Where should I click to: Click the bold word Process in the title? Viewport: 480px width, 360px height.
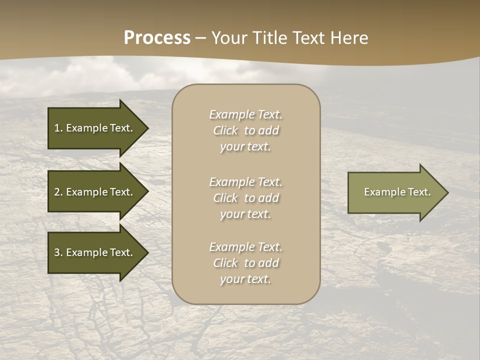click(x=157, y=38)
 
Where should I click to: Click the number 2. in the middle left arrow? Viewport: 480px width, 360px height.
click(x=58, y=192)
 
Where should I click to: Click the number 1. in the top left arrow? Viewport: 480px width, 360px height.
click(x=58, y=128)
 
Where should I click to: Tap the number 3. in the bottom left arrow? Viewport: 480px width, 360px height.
click(x=58, y=252)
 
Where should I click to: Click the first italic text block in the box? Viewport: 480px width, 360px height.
click(x=245, y=130)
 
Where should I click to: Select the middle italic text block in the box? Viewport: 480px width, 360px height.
click(x=245, y=198)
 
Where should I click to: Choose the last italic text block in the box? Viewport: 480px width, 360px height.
click(x=245, y=263)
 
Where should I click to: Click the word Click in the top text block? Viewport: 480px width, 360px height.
click(x=225, y=131)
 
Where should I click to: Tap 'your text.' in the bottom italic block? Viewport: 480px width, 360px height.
click(x=245, y=279)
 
